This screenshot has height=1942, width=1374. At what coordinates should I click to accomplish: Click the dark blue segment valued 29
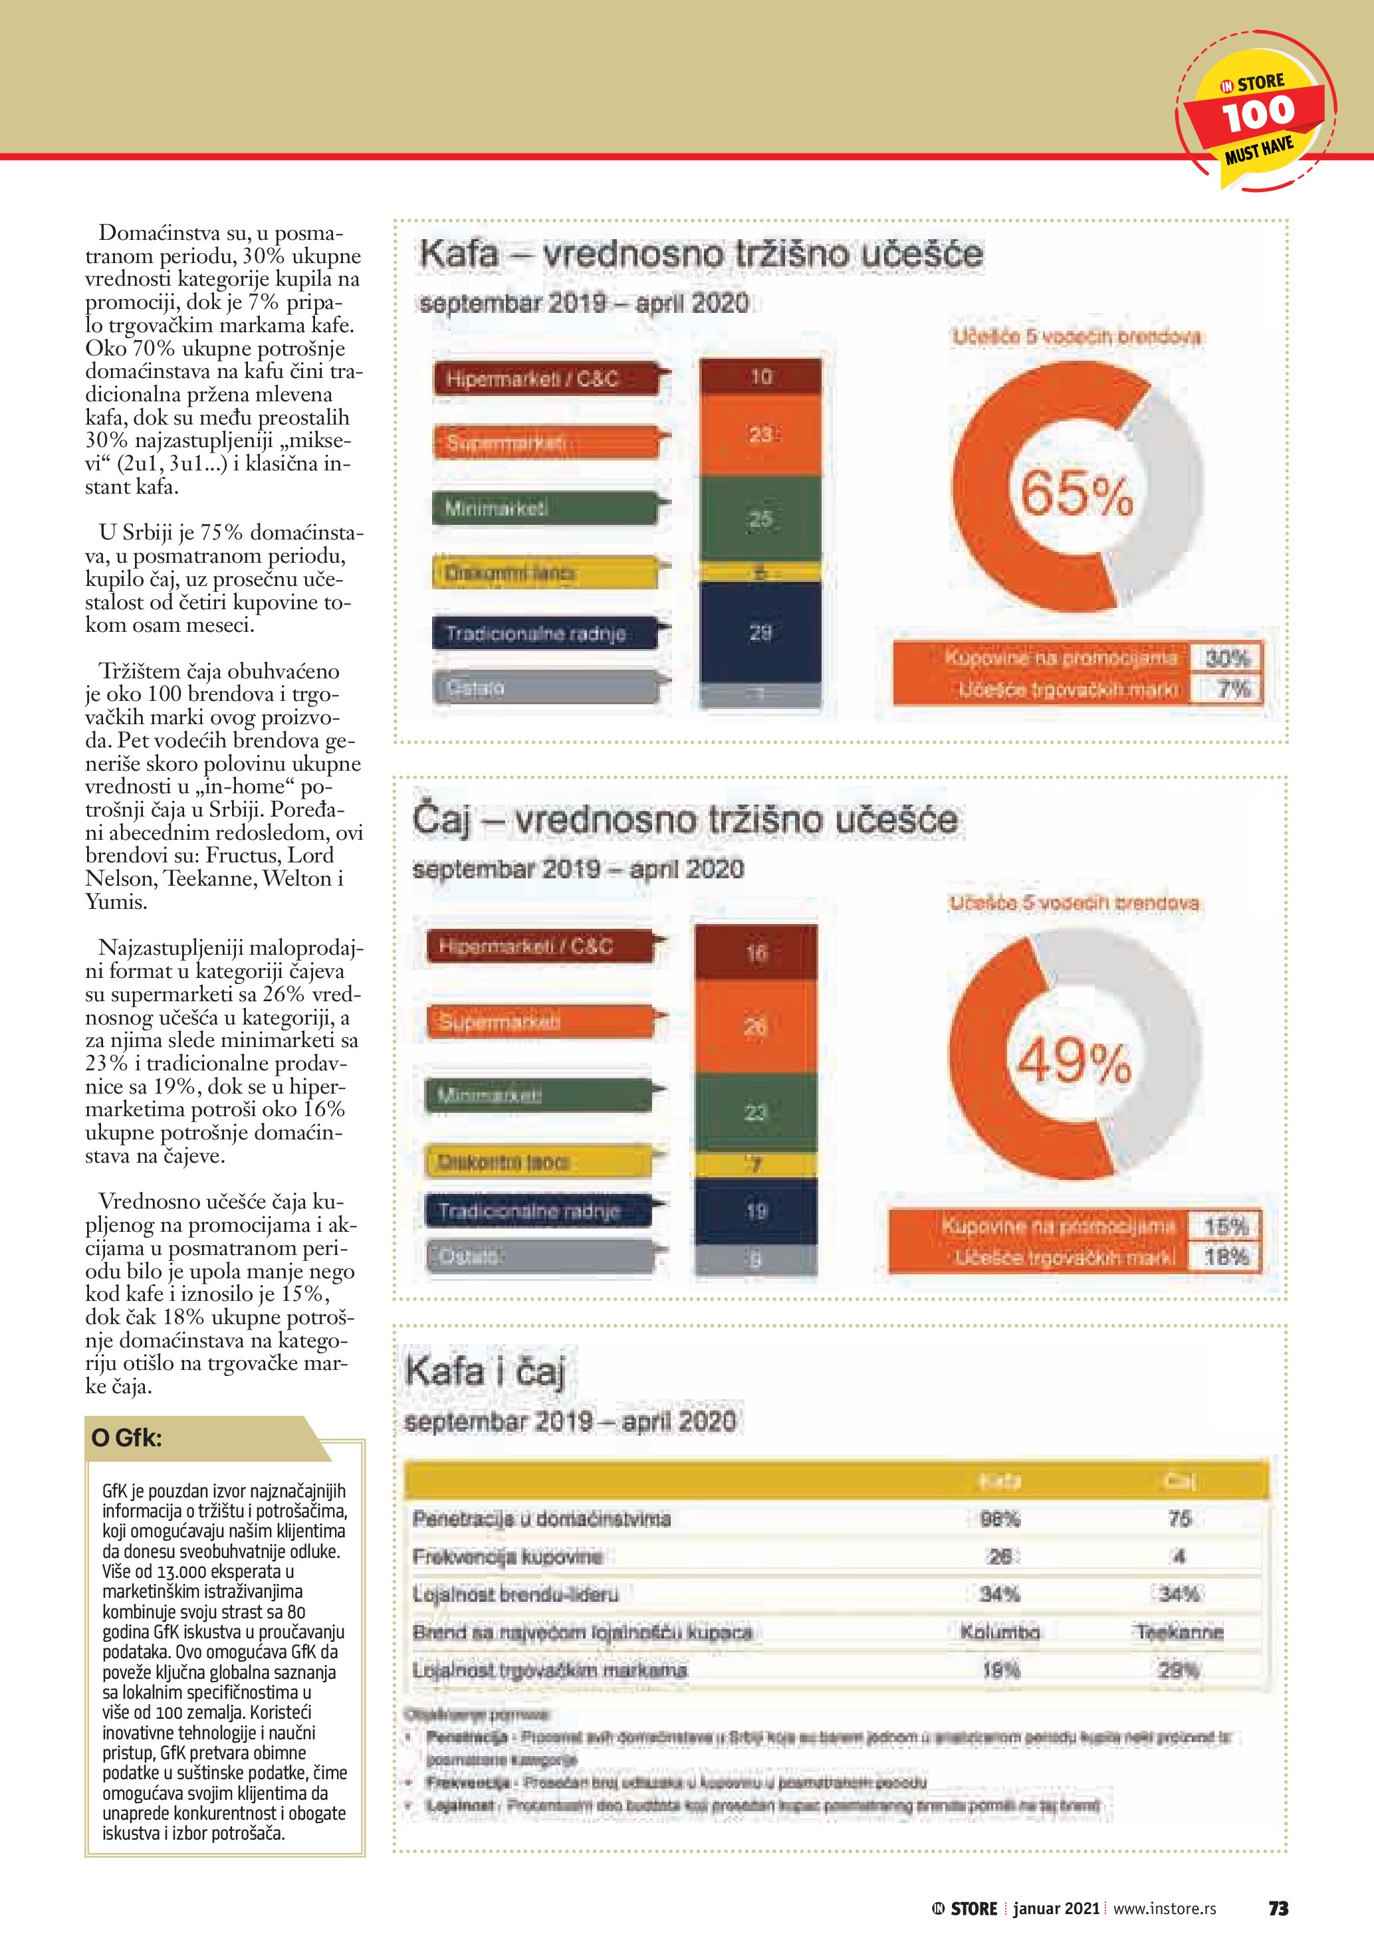point(760,632)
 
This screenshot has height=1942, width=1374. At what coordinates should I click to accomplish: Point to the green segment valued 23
point(756,1112)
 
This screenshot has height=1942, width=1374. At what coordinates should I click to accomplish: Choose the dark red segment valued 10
point(760,377)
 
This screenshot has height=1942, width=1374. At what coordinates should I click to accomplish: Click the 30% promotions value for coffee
point(1227,658)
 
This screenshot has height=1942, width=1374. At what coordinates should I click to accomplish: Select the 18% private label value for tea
point(1226,1257)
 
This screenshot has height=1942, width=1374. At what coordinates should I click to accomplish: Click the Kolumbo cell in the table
point(1000,1632)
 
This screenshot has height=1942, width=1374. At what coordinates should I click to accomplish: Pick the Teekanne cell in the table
point(1179,1632)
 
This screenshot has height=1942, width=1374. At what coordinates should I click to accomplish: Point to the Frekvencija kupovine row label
point(508,1556)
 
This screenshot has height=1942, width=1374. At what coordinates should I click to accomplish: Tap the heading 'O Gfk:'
point(127,1438)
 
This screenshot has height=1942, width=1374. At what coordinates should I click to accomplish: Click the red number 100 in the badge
point(1258,114)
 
